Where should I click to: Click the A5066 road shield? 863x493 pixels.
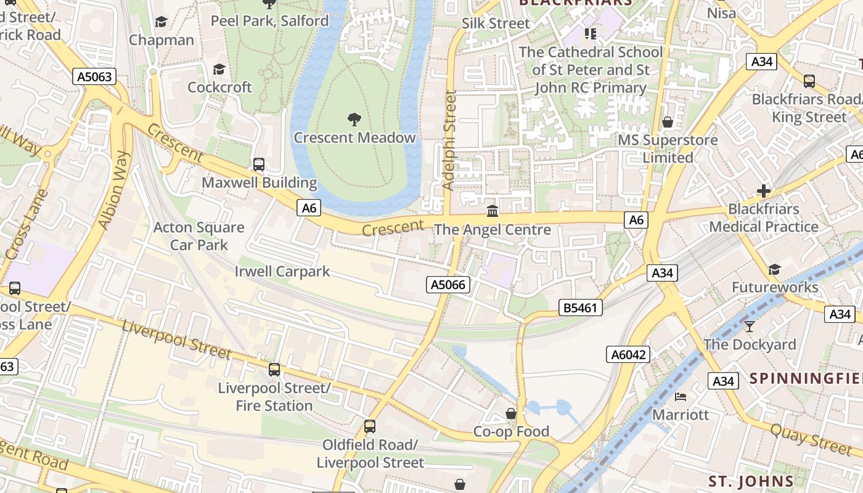click(448, 284)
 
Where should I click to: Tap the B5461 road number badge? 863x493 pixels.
click(580, 307)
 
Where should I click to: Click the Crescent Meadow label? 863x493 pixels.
click(354, 137)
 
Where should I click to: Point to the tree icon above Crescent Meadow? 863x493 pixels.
click(354, 119)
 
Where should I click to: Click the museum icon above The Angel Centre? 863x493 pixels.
click(493, 211)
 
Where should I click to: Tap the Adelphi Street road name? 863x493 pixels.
click(450, 141)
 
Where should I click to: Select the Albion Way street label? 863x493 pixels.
click(115, 190)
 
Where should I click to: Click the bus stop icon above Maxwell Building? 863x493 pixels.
click(259, 165)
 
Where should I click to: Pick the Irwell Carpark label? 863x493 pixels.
click(282, 271)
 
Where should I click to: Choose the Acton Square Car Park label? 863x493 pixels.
click(198, 236)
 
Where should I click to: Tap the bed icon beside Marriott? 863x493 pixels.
click(681, 396)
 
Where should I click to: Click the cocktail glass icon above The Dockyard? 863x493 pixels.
click(750, 326)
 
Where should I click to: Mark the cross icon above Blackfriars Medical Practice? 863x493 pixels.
click(764, 191)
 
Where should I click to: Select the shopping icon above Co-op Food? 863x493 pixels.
click(511, 413)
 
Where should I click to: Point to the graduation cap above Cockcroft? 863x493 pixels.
click(219, 69)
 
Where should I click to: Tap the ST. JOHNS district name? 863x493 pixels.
click(750, 481)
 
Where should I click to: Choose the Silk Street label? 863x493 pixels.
click(496, 23)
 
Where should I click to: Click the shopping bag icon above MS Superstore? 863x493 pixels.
click(668, 122)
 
